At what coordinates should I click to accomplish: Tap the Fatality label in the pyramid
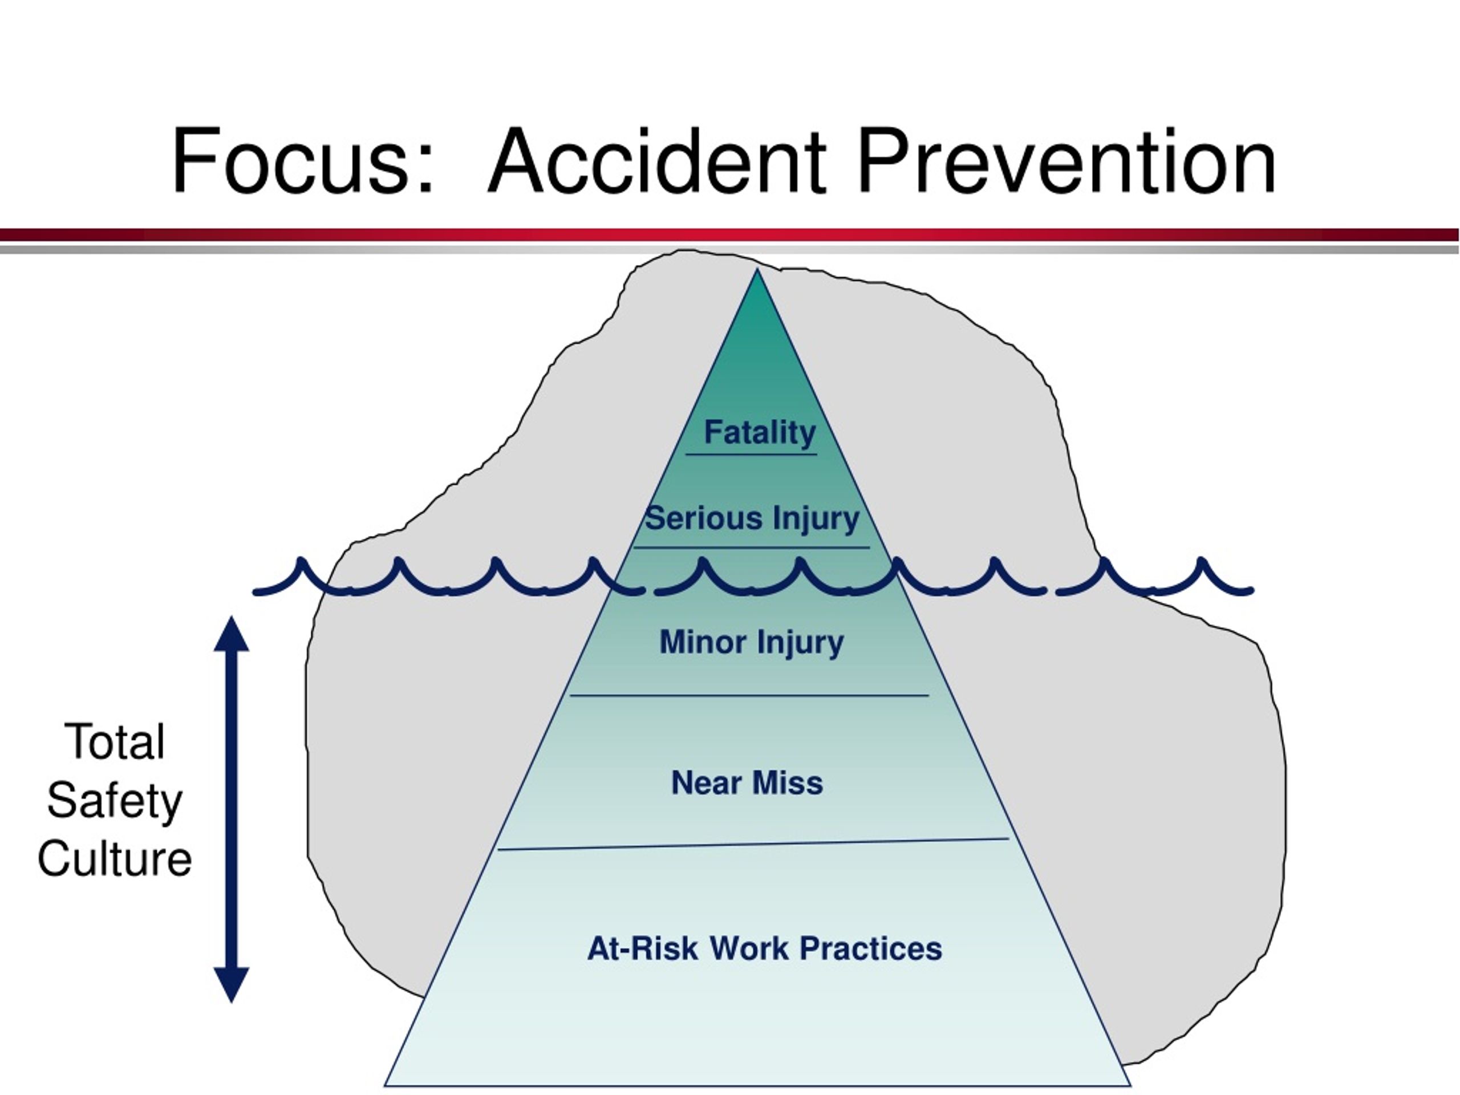click(760, 432)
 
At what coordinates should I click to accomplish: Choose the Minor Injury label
click(752, 642)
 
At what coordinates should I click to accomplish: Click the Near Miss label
click(747, 783)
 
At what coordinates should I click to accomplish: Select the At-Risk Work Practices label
click(765, 948)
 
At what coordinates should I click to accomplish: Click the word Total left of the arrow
click(115, 742)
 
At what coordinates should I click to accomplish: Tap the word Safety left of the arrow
click(115, 802)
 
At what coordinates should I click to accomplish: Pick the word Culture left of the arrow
click(115, 859)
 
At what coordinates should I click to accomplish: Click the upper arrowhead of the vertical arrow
click(231, 634)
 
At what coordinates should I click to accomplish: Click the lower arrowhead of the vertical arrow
click(231, 985)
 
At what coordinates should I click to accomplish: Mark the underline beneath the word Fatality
click(751, 455)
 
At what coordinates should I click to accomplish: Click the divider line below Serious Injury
click(752, 547)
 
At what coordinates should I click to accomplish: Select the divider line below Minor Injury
click(749, 695)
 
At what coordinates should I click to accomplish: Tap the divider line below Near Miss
click(753, 844)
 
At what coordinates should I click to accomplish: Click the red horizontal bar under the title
click(730, 235)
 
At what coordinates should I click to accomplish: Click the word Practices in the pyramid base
click(871, 948)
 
